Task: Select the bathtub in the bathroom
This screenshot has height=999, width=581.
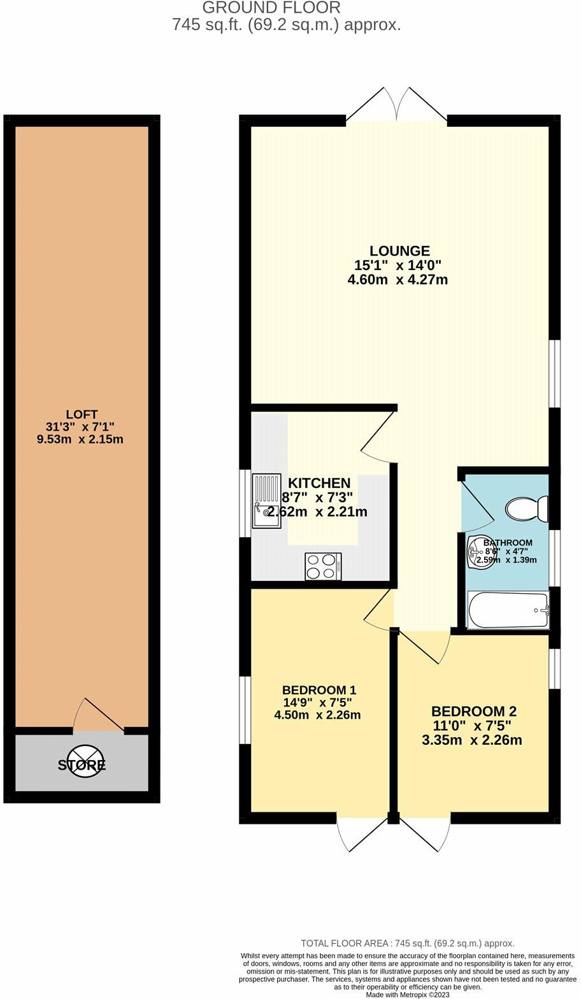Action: click(508, 610)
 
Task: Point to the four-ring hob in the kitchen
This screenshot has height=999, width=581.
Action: click(323, 566)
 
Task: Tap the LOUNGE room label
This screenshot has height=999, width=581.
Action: click(401, 250)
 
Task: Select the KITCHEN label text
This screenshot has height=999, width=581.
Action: click(319, 483)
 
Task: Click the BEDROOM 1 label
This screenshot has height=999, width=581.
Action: click(319, 689)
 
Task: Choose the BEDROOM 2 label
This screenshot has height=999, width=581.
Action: click(473, 712)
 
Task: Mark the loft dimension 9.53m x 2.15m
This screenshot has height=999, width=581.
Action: click(81, 439)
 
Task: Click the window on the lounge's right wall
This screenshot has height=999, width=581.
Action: click(556, 373)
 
